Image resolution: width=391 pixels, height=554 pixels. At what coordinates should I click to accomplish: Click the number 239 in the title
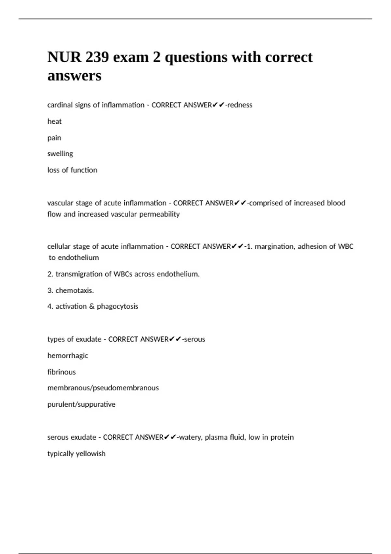pos(97,57)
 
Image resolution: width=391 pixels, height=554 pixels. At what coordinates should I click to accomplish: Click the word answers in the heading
pos(74,76)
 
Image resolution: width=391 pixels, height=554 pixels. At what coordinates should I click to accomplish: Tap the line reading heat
pos(54,122)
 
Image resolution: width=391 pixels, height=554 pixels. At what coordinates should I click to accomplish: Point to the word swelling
pos(60,154)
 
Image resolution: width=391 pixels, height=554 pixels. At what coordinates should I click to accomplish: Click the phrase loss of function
pos(72,170)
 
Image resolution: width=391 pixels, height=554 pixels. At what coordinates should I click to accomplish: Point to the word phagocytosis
pos(117,307)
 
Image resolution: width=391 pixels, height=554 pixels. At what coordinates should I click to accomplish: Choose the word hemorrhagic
pos(68,356)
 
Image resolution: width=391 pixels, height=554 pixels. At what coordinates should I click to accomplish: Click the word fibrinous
pos(61,372)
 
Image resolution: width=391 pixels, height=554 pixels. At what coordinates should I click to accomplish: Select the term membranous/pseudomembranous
pos(103,388)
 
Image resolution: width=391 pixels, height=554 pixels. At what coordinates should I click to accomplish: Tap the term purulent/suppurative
pos(81,404)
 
